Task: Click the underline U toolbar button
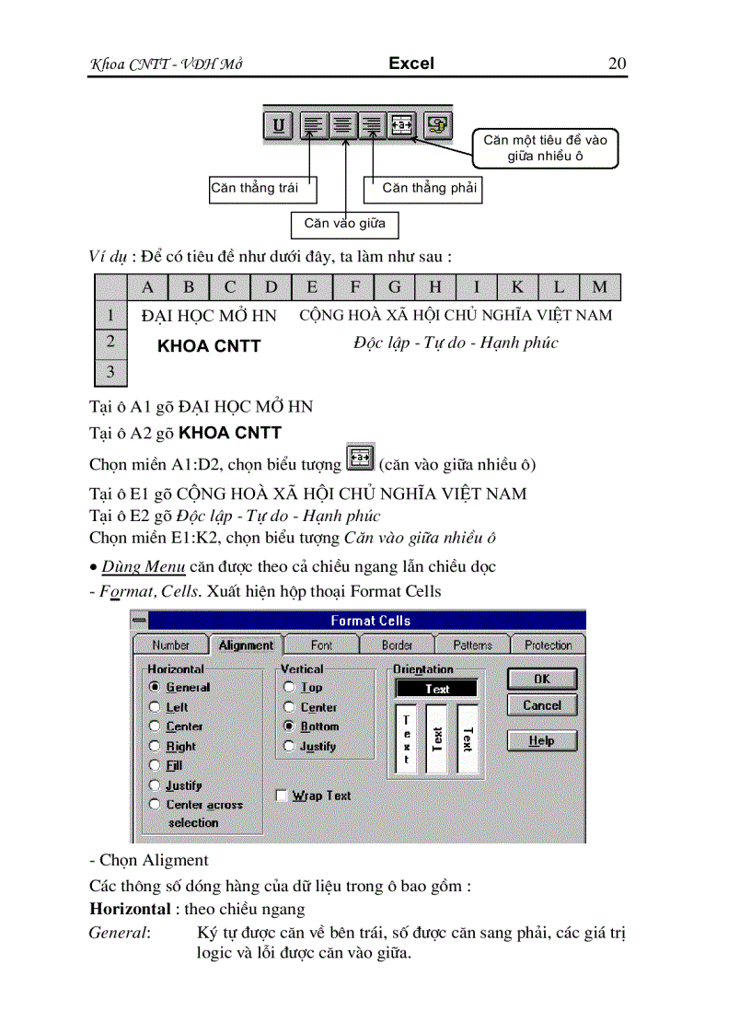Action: tap(279, 124)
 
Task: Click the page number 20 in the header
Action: tap(617, 64)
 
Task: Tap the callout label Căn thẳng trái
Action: tap(255, 188)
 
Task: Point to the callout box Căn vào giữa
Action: tap(344, 223)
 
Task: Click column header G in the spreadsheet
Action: tap(395, 286)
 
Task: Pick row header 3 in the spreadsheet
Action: tap(110, 372)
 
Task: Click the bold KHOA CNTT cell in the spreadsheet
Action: tap(209, 346)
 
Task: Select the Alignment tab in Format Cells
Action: tap(246, 645)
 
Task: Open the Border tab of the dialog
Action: tap(397, 645)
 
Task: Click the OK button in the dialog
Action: tap(542, 680)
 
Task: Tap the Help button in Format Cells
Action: tap(542, 740)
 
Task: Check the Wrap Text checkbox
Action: tap(283, 795)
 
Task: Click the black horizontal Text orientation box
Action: tap(437, 688)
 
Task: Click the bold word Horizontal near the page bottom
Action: tap(130, 909)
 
